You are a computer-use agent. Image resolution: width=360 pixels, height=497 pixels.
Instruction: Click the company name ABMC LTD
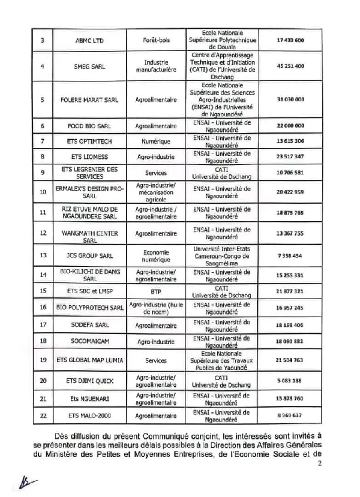click(90, 40)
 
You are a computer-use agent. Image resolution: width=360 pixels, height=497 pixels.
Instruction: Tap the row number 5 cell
click(42, 100)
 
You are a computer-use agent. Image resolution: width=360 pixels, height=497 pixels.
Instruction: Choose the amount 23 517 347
click(291, 158)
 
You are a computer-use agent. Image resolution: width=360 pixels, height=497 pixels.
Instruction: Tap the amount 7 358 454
click(291, 255)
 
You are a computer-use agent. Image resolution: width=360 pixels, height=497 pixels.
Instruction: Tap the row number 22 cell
click(42, 415)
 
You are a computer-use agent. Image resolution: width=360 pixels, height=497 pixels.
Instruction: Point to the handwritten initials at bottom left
click(26, 482)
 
